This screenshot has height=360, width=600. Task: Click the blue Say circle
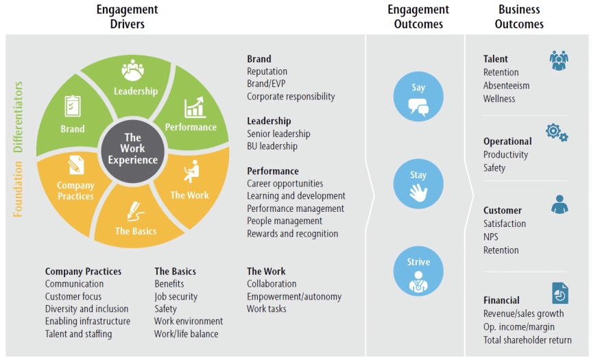[x=418, y=97]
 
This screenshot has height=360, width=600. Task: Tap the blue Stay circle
[x=418, y=184]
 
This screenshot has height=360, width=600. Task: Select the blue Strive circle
[x=418, y=272]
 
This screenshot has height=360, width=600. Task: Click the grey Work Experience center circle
[x=132, y=150]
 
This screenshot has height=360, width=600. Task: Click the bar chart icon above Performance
[x=195, y=107]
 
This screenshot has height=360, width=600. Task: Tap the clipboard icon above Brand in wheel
[x=73, y=106]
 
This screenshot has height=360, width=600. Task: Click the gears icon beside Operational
[x=557, y=132]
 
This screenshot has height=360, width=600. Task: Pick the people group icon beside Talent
[x=559, y=60]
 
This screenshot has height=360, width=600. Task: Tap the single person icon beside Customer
[x=560, y=204]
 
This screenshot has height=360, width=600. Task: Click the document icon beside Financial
[x=560, y=293]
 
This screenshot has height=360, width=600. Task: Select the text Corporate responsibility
[x=291, y=97]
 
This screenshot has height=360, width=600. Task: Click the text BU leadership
[x=272, y=146]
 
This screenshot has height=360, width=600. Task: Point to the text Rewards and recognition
[x=292, y=234]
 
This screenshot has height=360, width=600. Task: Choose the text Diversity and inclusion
[x=86, y=309]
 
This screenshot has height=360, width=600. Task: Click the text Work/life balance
[x=187, y=334]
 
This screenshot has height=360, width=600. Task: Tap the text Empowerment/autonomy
[x=294, y=296]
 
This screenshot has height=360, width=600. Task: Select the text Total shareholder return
[x=527, y=340]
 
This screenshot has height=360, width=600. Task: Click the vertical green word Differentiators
[x=18, y=117]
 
